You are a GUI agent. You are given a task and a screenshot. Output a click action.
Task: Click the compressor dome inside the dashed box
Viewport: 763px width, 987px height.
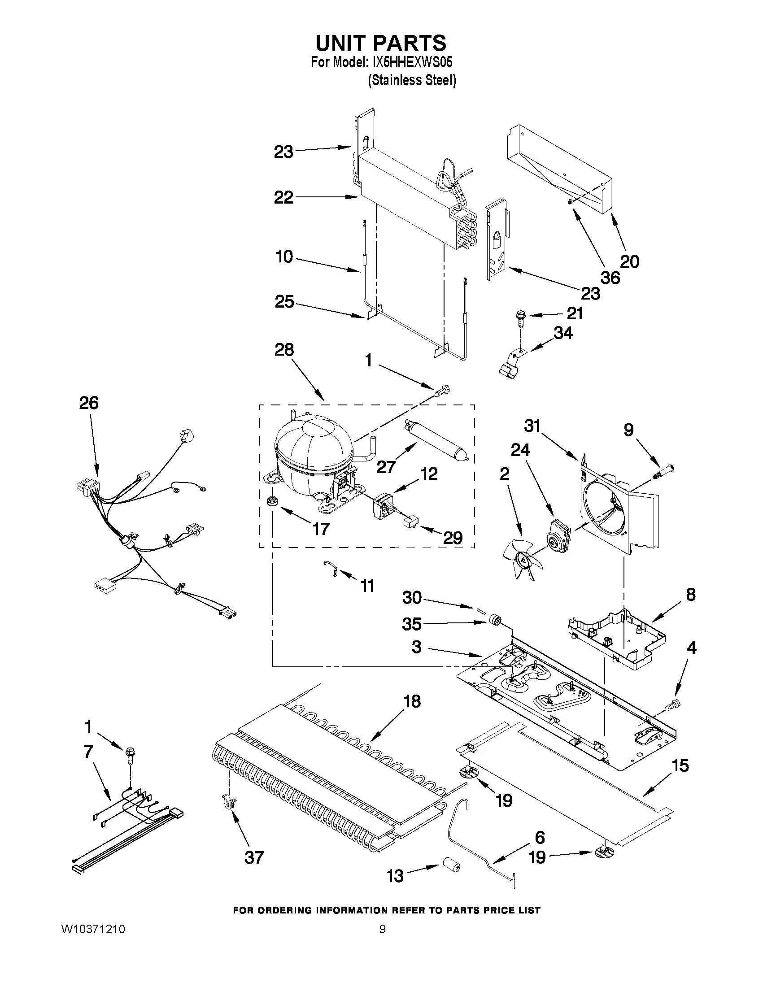312,454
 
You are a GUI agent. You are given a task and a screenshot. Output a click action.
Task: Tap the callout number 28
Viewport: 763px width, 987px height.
284,350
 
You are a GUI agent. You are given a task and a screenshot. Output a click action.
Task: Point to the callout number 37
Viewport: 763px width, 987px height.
253,857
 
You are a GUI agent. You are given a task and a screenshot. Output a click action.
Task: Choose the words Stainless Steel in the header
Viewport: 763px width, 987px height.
412,80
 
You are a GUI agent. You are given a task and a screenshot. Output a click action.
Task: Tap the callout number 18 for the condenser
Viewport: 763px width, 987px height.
411,701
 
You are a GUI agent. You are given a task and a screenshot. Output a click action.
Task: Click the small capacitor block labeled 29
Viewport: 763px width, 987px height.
410,522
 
